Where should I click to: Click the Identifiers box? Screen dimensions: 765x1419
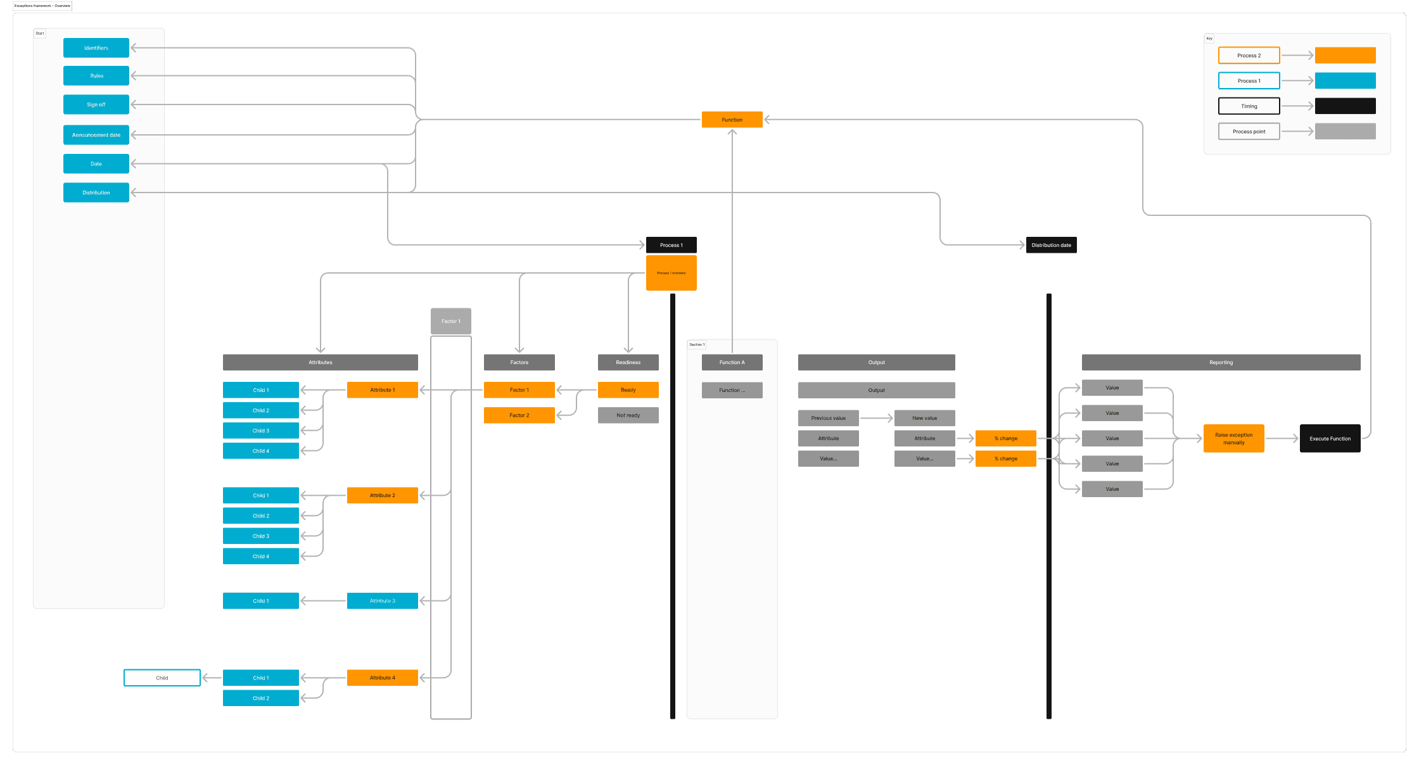coord(96,48)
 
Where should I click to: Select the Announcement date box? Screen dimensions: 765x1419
coord(96,135)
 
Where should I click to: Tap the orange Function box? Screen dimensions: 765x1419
coord(732,120)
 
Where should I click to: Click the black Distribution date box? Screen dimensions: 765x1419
coord(1051,245)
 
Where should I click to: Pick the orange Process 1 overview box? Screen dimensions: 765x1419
coord(671,273)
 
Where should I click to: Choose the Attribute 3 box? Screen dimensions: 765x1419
coord(382,601)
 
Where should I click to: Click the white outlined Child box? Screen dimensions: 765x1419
coord(162,678)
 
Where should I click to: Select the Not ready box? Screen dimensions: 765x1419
coord(628,415)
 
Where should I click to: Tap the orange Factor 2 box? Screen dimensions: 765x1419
coord(519,415)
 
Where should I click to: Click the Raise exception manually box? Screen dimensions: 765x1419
coord(1233,438)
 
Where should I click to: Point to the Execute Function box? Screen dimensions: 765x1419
coord(1330,438)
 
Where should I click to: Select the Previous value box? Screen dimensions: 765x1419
coord(828,418)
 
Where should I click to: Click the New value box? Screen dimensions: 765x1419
coord(924,418)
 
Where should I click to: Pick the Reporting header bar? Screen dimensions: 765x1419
coord(1221,362)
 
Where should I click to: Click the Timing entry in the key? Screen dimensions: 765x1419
coord(1249,106)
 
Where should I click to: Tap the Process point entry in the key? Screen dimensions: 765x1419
coord(1249,132)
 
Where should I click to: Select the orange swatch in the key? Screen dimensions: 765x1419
coord(1345,56)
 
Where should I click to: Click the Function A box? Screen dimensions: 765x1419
coord(732,362)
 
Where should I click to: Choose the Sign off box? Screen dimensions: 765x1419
coord(96,104)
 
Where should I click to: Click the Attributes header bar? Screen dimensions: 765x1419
coord(320,362)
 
